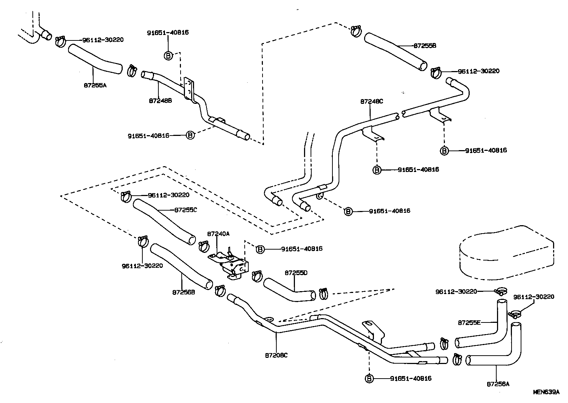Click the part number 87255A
(x=95, y=85)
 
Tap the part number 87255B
(x=425, y=46)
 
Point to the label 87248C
(x=372, y=102)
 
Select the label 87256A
(x=498, y=384)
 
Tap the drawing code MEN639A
(x=546, y=392)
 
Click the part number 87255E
(x=469, y=322)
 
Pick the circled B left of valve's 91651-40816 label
(x=260, y=249)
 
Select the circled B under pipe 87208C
(x=369, y=379)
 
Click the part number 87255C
(x=186, y=210)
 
